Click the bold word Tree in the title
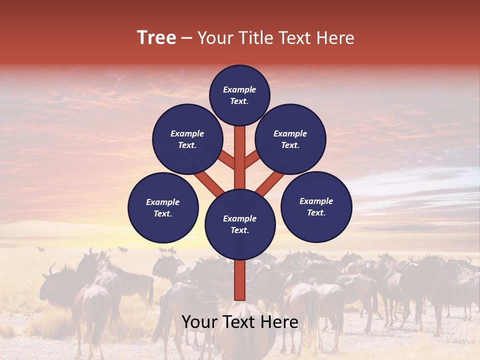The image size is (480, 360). click(156, 38)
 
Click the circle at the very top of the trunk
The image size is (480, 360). click(239, 95)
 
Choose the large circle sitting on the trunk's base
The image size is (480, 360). click(240, 224)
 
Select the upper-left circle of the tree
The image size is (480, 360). click(187, 139)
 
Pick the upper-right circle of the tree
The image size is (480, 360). click(290, 139)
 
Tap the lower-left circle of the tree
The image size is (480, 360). click(163, 207)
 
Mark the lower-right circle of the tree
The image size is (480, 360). click(316, 206)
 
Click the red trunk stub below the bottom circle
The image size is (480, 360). click(240, 280)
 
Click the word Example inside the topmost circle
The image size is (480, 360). click(239, 89)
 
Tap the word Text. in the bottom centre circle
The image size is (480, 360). click(239, 230)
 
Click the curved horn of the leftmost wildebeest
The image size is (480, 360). click(51, 269)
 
